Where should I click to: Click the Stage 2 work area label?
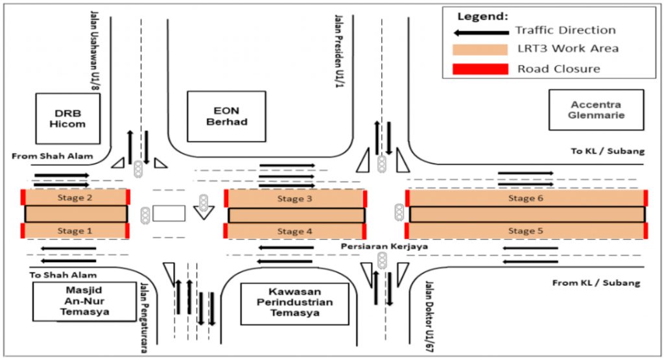coord(75,198)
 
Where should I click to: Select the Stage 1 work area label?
coord(75,230)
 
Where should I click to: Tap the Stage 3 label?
coord(294,198)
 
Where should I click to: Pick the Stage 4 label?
coord(294,231)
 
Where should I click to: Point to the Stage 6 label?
coord(525,198)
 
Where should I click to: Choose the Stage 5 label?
coord(525,230)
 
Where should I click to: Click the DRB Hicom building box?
coord(67,118)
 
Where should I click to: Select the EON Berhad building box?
coord(226,116)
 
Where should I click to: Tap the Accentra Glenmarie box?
coord(596,110)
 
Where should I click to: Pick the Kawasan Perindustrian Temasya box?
coord(294,303)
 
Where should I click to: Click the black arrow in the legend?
coord(480,31)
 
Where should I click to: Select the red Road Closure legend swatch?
coord(480,69)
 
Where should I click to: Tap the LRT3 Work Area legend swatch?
coord(480,49)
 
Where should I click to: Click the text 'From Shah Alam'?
coord(53,156)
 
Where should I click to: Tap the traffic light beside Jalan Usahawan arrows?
coord(138,169)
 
